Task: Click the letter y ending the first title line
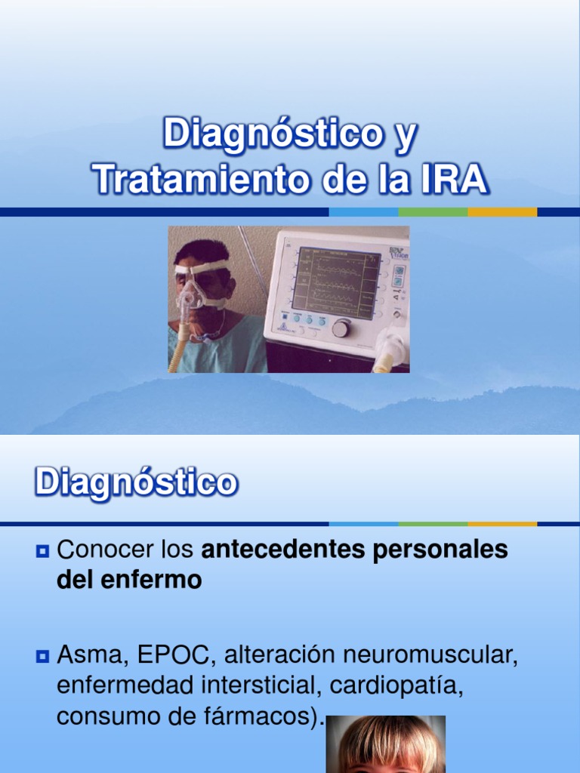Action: point(406,136)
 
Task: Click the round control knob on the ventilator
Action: point(341,328)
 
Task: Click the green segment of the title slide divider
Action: point(433,212)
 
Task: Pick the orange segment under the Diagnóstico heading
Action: point(502,524)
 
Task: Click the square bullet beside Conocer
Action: point(43,551)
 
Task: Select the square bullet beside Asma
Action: point(43,657)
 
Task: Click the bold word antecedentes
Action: point(284,550)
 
